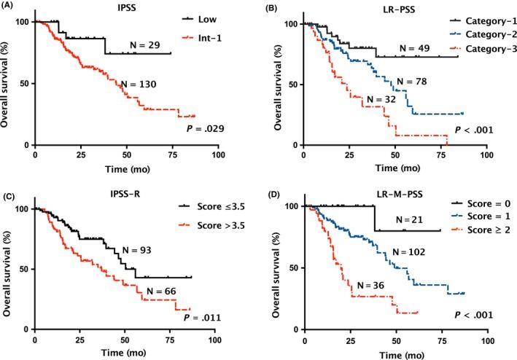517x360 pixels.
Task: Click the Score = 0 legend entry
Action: [479, 206]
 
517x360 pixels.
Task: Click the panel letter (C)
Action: [9, 193]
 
